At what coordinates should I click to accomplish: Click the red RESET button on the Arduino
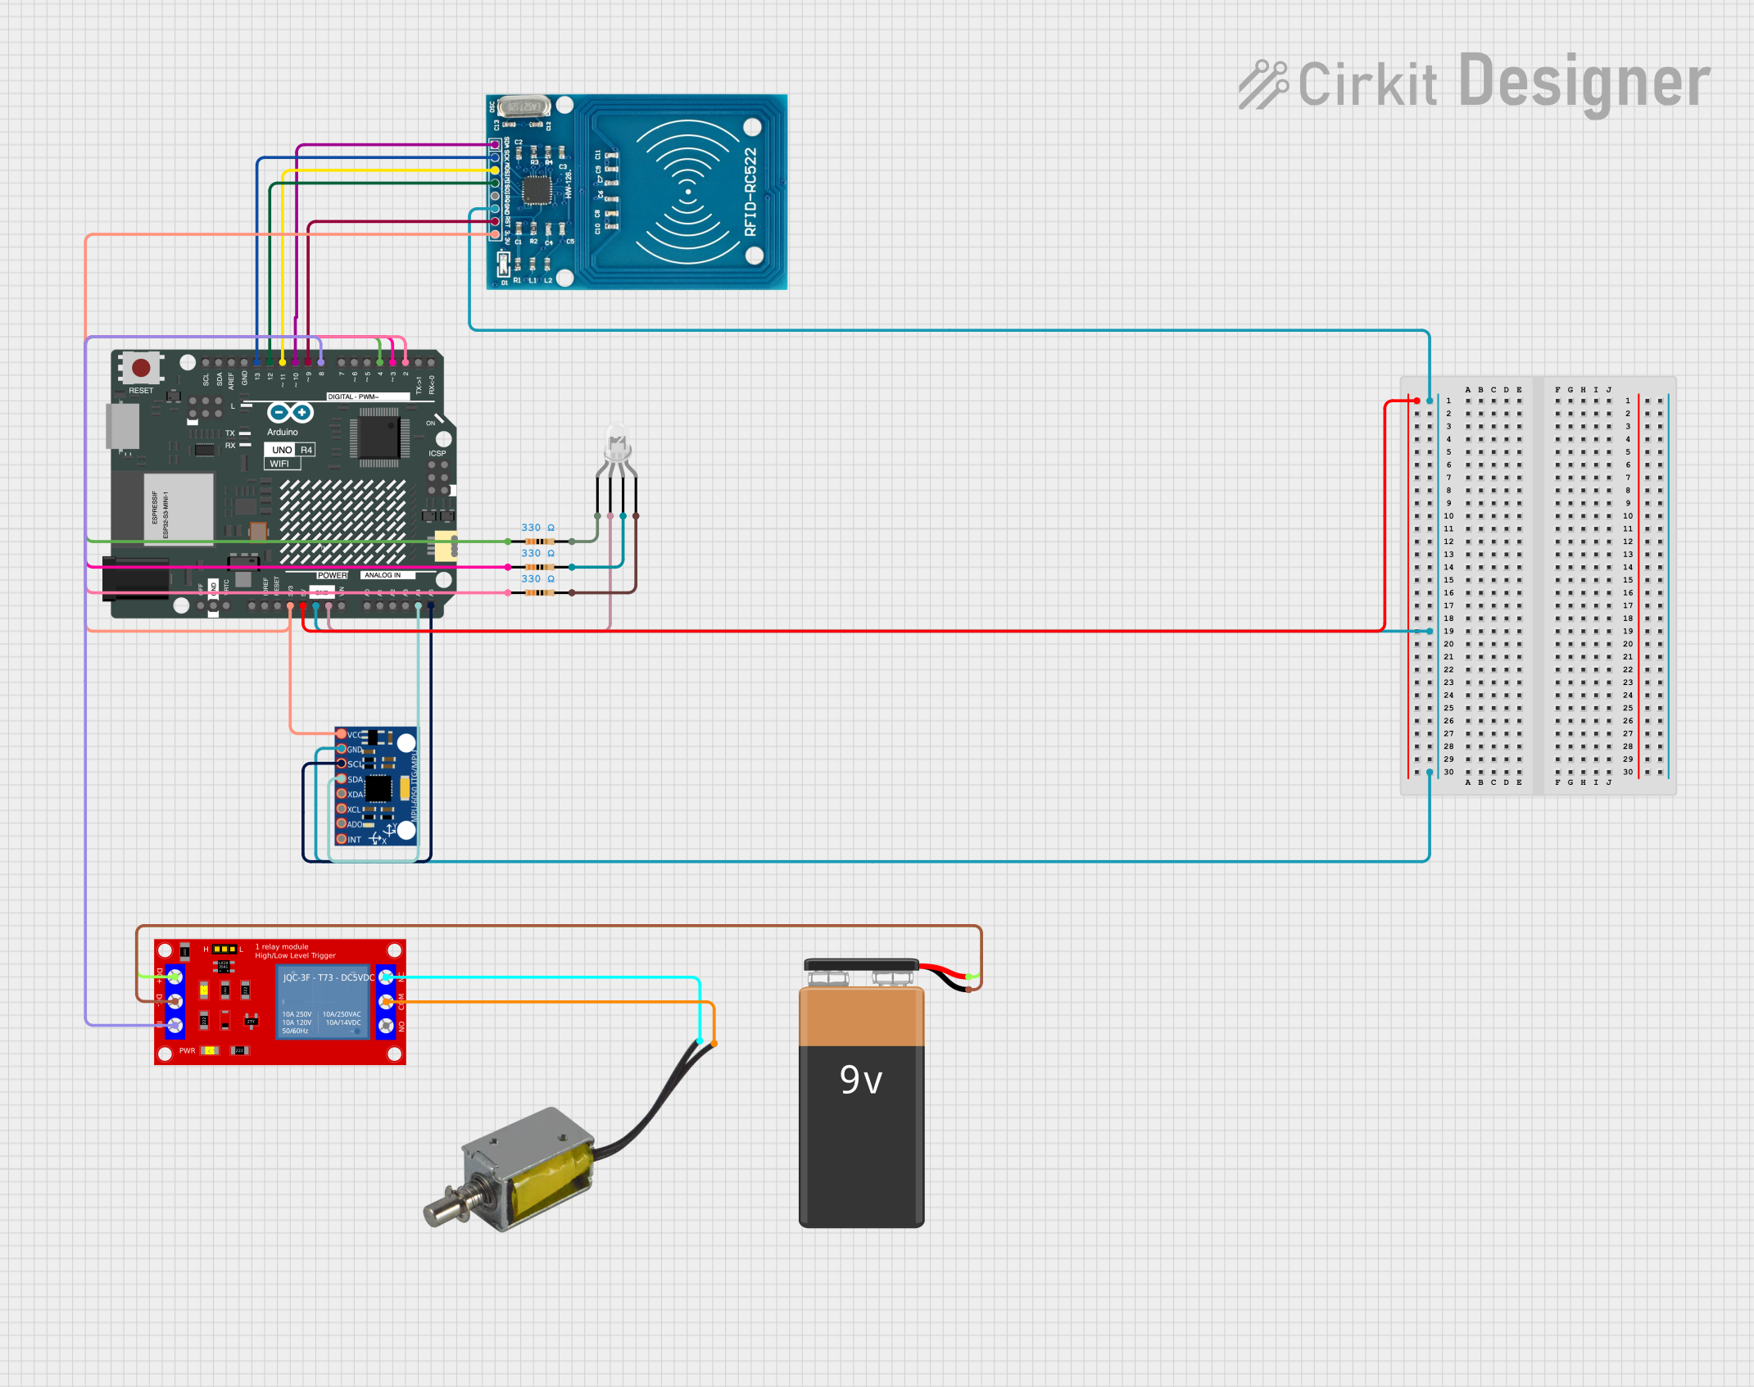click(x=141, y=368)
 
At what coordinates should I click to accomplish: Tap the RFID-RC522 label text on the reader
click(x=750, y=192)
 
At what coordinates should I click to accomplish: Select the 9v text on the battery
click(x=861, y=1080)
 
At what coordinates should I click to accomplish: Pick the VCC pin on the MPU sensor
click(x=342, y=734)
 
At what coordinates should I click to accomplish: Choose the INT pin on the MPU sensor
click(x=342, y=839)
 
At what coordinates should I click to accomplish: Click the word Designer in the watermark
click(x=1584, y=82)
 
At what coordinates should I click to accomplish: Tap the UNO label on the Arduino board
click(x=281, y=450)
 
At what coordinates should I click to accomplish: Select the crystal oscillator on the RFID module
click(x=523, y=107)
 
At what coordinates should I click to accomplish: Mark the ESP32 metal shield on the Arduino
click(x=178, y=507)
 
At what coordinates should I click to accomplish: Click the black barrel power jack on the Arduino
click(x=135, y=579)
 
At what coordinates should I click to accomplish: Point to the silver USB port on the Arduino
click(x=122, y=426)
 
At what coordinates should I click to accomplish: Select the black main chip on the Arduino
click(x=378, y=437)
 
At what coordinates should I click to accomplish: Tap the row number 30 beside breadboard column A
click(x=1448, y=772)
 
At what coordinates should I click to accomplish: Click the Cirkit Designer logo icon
click(x=1262, y=84)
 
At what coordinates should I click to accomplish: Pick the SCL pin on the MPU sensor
click(x=342, y=764)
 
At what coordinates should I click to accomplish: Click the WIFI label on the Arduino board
click(x=280, y=464)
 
